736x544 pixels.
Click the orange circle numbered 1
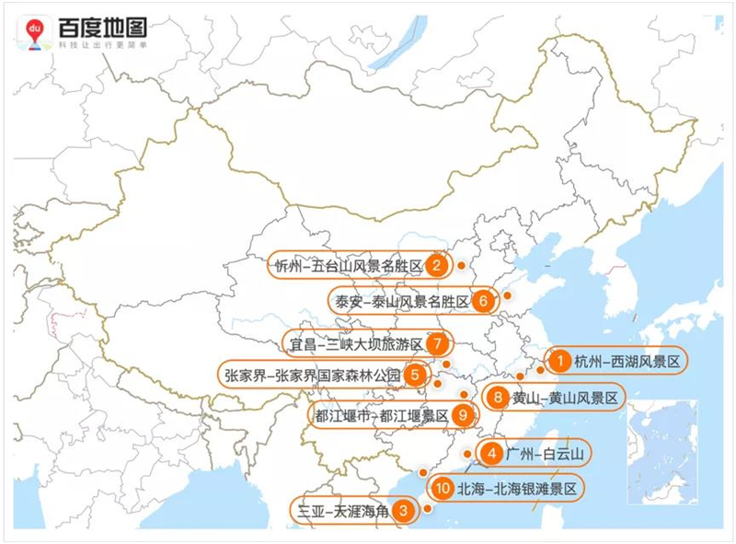[x=558, y=362]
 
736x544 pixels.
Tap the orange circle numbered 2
[x=438, y=267]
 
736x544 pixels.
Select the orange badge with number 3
[x=402, y=509]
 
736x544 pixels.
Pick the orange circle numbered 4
[x=493, y=454]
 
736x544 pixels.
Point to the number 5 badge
[x=416, y=375]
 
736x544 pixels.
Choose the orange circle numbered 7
[x=438, y=343]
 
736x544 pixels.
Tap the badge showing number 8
[x=497, y=398]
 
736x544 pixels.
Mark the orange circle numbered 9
[x=463, y=415]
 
